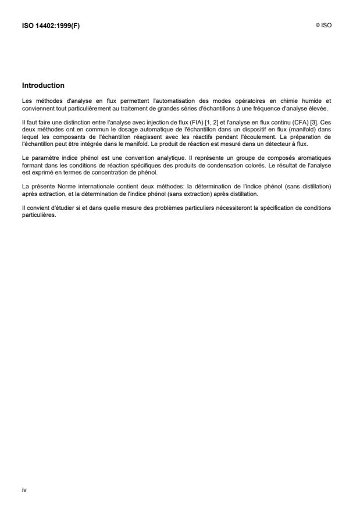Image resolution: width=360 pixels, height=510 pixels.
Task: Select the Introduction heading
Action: tap(43, 85)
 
